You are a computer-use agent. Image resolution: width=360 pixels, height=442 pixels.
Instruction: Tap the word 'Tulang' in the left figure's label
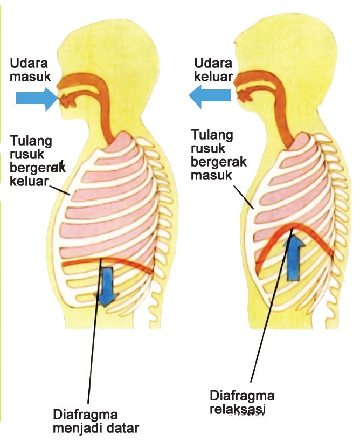pyautogui.click(x=31, y=141)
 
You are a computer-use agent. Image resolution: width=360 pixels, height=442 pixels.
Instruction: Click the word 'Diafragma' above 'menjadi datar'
pyautogui.click(x=86, y=415)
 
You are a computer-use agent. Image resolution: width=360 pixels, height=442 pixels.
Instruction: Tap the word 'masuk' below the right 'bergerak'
pyautogui.click(x=210, y=176)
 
